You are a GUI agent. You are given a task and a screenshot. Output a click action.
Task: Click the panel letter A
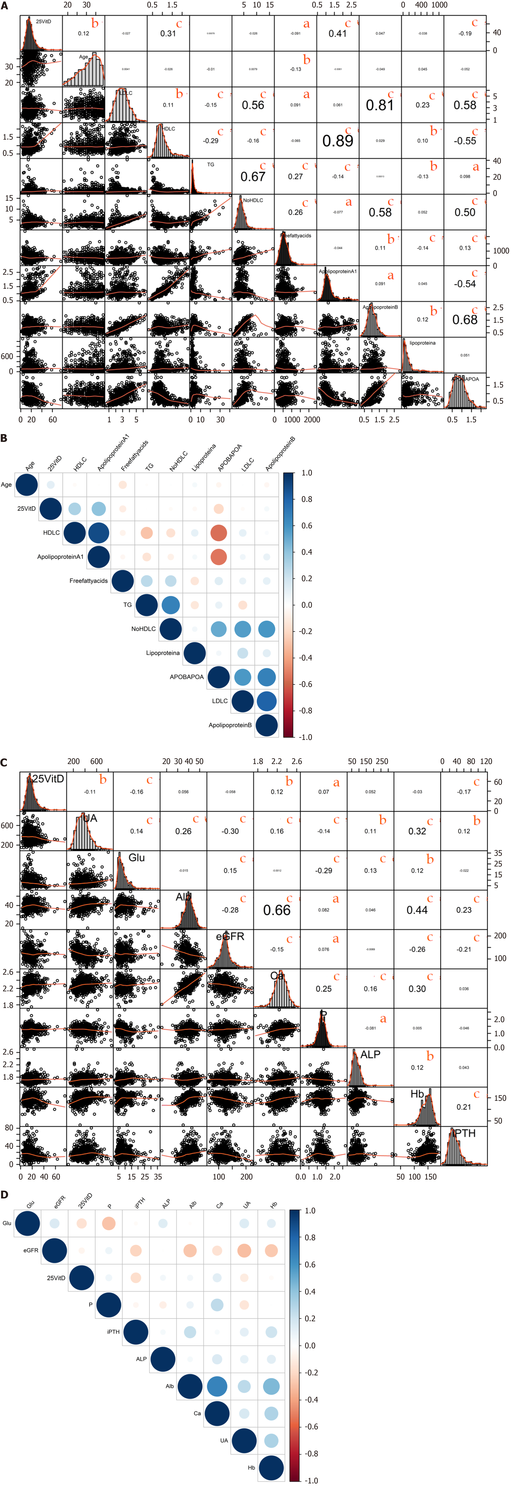pos(5,6)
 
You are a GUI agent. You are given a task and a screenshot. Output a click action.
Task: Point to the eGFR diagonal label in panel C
pos(230,936)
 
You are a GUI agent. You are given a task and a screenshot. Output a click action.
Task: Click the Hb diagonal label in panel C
pos(417,1094)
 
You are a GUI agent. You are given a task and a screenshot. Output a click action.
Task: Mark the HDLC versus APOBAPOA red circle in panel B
pos(219,533)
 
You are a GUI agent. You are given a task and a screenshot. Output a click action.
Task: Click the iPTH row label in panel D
pos(113,1332)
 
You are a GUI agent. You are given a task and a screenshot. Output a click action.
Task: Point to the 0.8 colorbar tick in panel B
pos(306,499)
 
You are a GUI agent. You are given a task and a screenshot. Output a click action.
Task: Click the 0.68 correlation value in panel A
pos(465,320)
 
